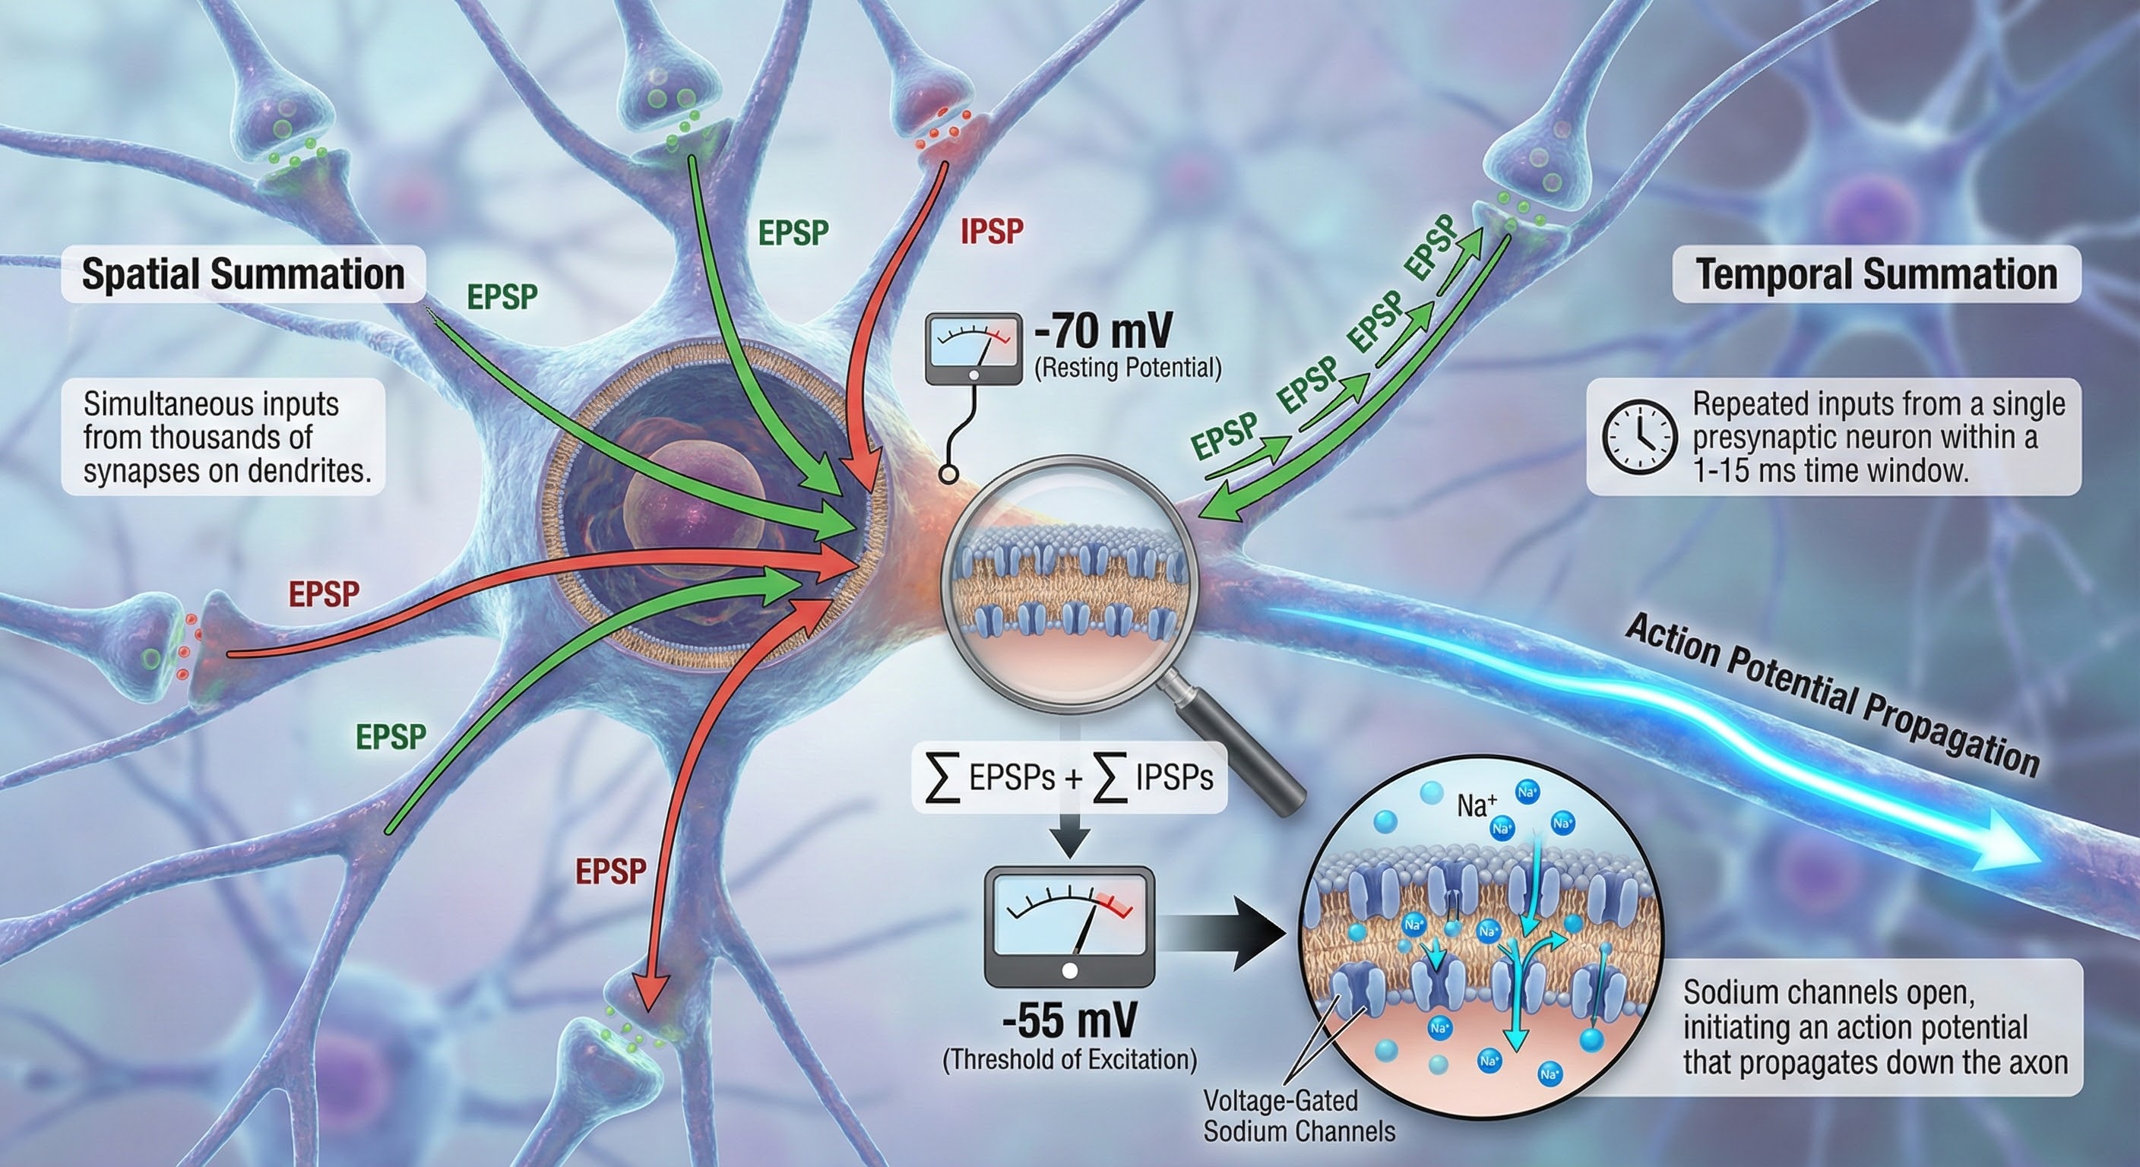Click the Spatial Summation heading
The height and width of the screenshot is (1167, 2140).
[242, 274]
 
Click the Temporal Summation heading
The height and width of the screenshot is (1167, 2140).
[1876, 274]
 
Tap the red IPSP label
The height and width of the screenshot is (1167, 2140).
[991, 232]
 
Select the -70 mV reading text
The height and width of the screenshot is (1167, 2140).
[1103, 331]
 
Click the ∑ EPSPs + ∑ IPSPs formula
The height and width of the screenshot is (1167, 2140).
[1069, 778]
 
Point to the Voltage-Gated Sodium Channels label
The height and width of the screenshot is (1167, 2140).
[1300, 1115]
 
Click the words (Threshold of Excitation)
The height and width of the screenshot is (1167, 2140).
[1069, 1060]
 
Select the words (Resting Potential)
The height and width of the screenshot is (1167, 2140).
[1127, 368]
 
